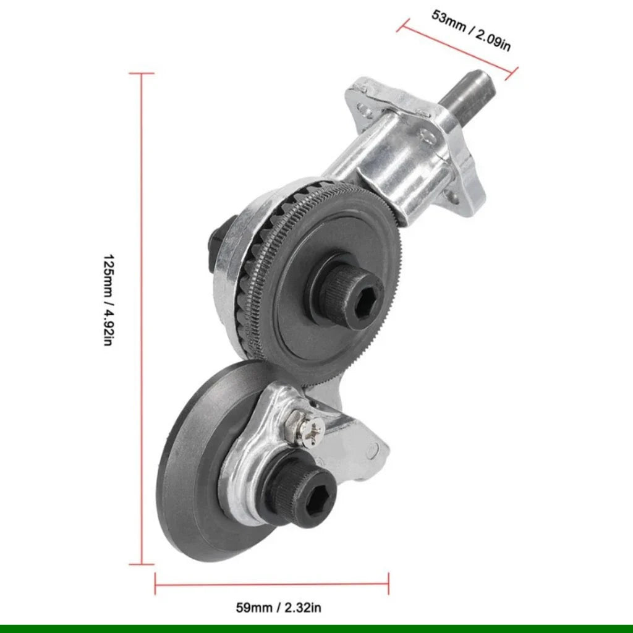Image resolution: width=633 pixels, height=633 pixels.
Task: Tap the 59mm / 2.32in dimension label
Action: click(278, 607)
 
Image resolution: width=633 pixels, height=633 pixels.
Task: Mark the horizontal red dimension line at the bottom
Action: click(272, 581)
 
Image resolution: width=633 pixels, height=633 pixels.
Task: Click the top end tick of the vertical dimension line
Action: click(142, 74)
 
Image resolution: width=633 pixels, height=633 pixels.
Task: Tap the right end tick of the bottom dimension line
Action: click(388, 581)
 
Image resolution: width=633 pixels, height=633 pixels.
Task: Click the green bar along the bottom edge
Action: click(316, 629)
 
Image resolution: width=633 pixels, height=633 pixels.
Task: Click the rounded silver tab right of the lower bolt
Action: click(368, 454)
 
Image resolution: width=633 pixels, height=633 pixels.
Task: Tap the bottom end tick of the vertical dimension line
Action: click(142, 564)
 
